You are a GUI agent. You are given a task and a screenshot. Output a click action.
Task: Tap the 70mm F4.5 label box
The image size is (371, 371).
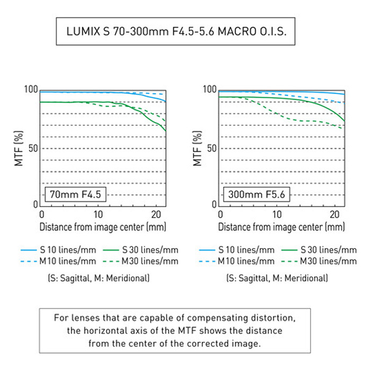[x=75, y=195]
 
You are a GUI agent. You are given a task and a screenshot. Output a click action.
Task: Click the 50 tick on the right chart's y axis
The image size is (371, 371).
[x=212, y=148]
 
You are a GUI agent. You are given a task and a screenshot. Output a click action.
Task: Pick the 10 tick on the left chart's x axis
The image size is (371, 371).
[x=98, y=215]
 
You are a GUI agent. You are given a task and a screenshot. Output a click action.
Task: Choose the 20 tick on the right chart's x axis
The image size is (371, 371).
[x=334, y=215]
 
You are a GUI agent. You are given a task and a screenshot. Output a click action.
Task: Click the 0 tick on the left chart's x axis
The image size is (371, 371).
[x=42, y=215]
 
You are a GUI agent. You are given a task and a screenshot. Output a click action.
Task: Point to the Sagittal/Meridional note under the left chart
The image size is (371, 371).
[x=99, y=278]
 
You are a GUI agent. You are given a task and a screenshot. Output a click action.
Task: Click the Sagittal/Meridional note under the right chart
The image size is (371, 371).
[x=277, y=278]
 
